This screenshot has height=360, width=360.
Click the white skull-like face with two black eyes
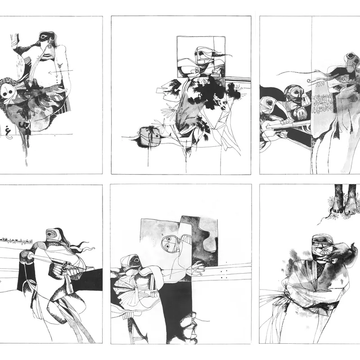pos(8,92)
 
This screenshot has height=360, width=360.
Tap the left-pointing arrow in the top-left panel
pos(60,71)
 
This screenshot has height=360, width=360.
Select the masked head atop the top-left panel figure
pos(45,37)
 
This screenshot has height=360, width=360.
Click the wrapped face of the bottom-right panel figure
pos(320,245)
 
